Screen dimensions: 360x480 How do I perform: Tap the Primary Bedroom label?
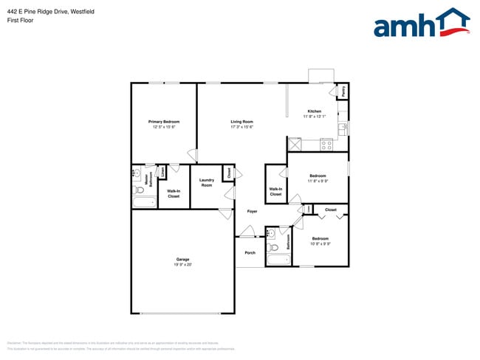click(163, 122)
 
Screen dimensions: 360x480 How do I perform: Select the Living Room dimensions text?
click(241, 127)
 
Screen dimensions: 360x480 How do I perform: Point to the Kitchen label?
click(315, 111)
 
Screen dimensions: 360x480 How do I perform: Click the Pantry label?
click(343, 91)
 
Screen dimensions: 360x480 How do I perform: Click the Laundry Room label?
click(207, 183)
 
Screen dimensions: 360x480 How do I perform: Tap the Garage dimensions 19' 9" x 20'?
click(183, 264)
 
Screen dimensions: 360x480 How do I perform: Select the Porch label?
click(250, 253)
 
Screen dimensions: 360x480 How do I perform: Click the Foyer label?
click(252, 212)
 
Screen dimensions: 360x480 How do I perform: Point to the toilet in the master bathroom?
click(140, 190)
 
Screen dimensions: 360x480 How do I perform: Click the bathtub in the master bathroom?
click(143, 202)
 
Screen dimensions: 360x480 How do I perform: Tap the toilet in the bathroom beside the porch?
click(271, 246)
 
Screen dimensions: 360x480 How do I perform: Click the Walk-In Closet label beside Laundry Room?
click(174, 194)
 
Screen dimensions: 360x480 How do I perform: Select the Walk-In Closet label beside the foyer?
click(275, 192)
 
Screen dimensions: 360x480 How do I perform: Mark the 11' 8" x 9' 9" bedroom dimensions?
click(318, 180)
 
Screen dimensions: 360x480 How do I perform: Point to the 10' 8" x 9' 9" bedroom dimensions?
click(320, 243)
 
